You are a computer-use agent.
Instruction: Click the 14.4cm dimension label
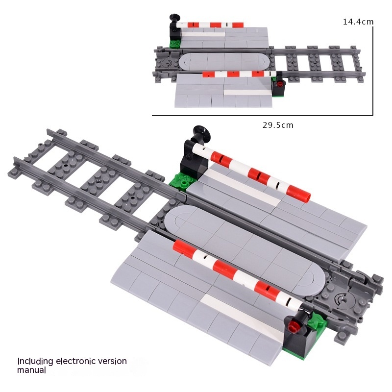(358, 22)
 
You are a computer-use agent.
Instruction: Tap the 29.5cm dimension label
(278, 125)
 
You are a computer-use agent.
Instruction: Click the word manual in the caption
(31, 370)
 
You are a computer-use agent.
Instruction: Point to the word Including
(35, 362)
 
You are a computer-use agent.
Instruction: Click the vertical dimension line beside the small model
(373, 71)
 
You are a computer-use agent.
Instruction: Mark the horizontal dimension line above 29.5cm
(262, 116)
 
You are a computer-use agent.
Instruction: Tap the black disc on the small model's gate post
(174, 18)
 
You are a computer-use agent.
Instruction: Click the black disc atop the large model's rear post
(202, 132)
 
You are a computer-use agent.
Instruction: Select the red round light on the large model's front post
(293, 327)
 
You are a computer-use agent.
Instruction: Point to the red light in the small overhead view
(281, 83)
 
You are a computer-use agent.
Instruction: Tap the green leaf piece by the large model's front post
(317, 321)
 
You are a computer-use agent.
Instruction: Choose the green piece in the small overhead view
(175, 44)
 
